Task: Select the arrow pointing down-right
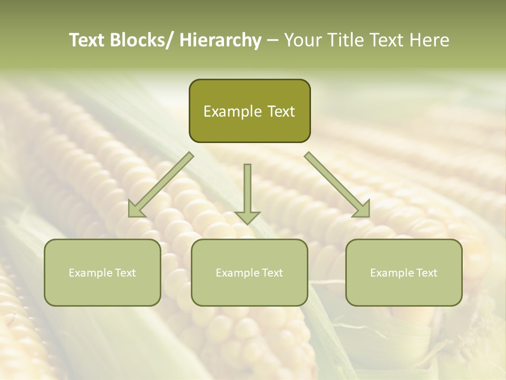point(337,185)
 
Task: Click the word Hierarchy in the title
point(220,40)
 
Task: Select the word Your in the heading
point(302,40)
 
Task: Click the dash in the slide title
point(273,41)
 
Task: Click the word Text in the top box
point(280,112)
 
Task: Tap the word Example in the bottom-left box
point(91,273)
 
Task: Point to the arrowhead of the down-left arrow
point(135,209)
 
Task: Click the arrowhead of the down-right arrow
point(362,209)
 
